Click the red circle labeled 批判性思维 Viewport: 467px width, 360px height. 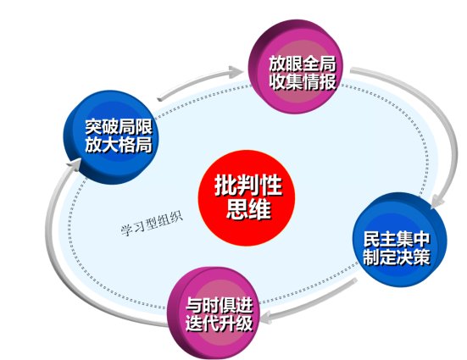pyautogui.click(x=247, y=198)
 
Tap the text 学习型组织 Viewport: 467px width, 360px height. pyautogui.click(x=152, y=224)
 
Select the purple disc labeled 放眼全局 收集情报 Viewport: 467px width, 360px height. pyautogui.click(x=296, y=67)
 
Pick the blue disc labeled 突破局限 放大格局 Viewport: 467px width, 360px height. pyautogui.click(x=111, y=137)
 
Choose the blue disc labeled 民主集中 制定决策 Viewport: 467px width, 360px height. pyautogui.click(x=400, y=240)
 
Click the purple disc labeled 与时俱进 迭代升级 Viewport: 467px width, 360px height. pyautogui.click(x=214, y=313)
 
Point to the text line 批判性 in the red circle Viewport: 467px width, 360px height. pyautogui.click(x=248, y=186)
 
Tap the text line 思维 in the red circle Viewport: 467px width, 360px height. pyautogui.click(x=248, y=209)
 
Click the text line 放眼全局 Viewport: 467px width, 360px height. pyautogui.click(x=303, y=64)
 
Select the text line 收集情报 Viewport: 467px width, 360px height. pyautogui.click(x=303, y=81)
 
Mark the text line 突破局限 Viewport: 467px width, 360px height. pyautogui.click(x=119, y=127)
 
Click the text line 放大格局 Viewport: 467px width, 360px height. pyautogui.click(x=119, y=145)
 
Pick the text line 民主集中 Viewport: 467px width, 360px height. pyautogui.click(x=397, y=239)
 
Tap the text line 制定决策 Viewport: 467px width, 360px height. pyautogui.click(x=397, y=257)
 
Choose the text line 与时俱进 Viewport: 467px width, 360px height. pyautogui.click(x=220, y=305)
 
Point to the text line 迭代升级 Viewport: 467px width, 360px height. pyautogui.click(x=220, y=323)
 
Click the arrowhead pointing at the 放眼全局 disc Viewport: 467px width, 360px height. pyautogui.click(x=236, y=72)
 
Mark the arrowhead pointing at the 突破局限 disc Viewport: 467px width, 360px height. pyautogui.click(x=75, y=164)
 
